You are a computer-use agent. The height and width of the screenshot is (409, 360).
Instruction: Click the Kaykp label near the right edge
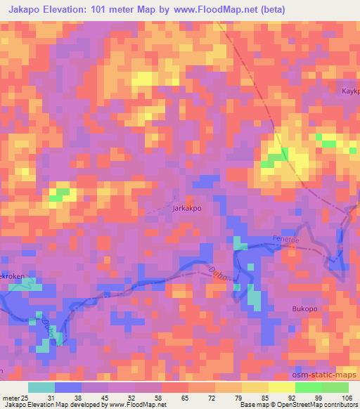(350, 91)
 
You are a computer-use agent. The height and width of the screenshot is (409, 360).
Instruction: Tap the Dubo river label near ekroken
(48, 324)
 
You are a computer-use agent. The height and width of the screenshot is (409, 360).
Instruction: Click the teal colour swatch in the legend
(41, 387)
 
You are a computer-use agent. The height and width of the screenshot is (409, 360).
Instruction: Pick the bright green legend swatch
(308, 387)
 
